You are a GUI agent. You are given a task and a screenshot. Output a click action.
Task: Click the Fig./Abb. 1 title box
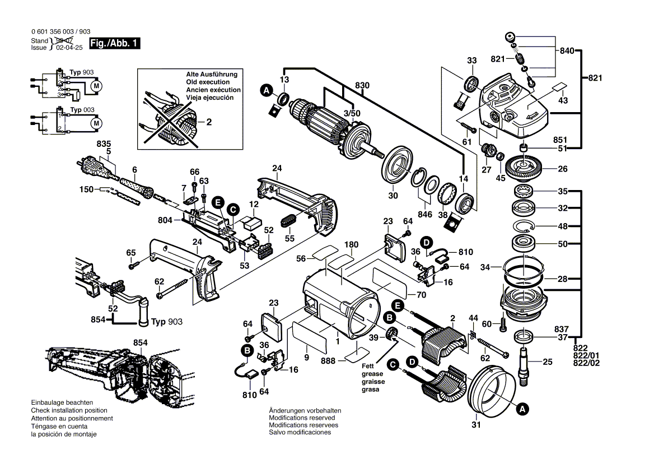[115, 43]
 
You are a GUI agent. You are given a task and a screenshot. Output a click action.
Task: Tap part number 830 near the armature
[363, 86]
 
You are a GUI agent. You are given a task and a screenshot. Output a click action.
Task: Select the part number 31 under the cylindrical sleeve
[476, 424]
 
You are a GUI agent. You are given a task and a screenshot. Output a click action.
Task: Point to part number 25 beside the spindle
[548, 362]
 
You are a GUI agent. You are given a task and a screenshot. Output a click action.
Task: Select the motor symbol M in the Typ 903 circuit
[96, 86]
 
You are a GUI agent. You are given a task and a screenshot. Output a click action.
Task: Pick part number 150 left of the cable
[87, 190]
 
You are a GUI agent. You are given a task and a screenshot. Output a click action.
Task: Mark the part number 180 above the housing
[351, 244]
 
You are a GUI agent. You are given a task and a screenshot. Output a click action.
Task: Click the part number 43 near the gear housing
[563, 100]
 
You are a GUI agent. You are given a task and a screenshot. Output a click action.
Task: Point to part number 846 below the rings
[425, 214]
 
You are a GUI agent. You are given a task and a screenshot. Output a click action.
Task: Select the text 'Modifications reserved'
[302, 418]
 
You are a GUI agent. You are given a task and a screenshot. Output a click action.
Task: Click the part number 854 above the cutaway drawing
[141, 342]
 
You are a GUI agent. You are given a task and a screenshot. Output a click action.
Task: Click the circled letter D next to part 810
[427, 243]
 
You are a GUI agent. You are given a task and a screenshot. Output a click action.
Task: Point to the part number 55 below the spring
[289, 238]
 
